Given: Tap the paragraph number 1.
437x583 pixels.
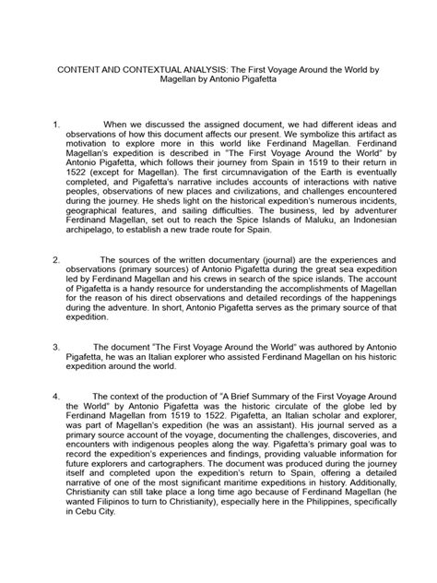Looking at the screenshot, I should tap(56, 122).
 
